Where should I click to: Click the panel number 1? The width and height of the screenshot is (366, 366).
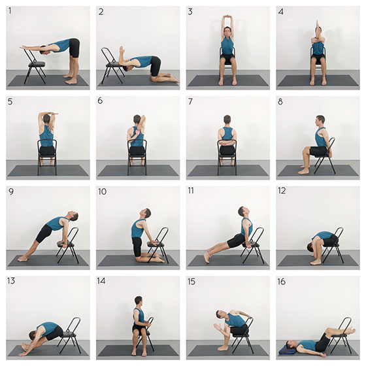tap(10, 10)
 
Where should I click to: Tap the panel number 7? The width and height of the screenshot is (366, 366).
tap(190, 101)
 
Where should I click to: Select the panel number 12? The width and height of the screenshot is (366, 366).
tap(282, 191)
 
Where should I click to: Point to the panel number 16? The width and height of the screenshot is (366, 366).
tap(282, 282)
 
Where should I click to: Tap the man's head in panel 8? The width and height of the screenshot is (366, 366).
tap(320, 120)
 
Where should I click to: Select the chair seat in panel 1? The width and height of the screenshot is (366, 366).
tap(37, 64)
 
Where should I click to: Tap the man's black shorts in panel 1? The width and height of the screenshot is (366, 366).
tap(75, 48)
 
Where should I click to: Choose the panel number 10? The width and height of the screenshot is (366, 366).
tap(102, 191)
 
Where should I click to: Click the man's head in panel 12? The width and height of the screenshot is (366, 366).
tap(312, 247)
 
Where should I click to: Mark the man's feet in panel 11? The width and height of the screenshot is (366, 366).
tap(207, 256)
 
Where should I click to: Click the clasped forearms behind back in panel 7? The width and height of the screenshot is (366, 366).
tap(226, 142)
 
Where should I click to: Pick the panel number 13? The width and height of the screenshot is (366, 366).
tap(11, 281)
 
